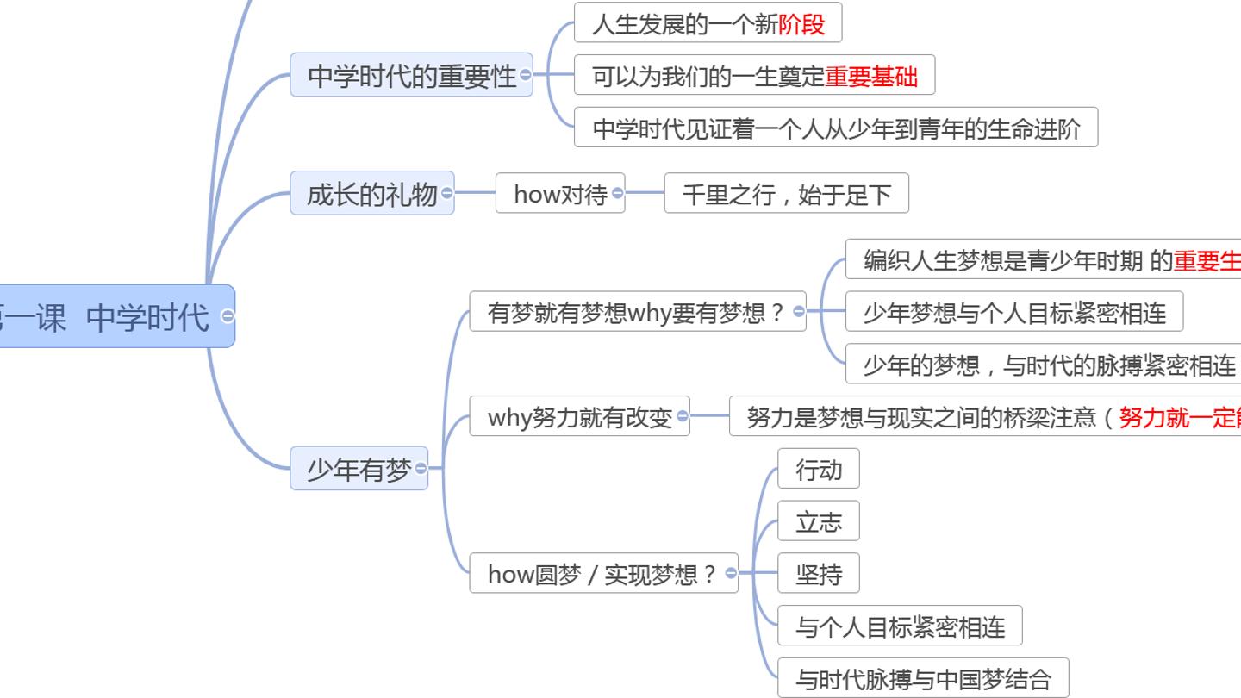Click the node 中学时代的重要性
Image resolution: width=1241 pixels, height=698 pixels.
(411, 75)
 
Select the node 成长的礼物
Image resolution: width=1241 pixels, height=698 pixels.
(372, 193)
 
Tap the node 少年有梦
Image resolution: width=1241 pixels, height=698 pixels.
(359, 468)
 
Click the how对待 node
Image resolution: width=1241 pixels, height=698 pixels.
(560, 193)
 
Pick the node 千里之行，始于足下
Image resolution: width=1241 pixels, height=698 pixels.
(786, 193)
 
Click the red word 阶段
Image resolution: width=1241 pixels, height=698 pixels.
(801, 24)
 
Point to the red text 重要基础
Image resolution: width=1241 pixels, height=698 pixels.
(871, 77)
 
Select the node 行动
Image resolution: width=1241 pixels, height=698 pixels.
(819, 469)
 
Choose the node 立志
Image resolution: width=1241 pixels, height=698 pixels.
(819, 520)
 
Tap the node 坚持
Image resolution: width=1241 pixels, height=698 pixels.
(819, 573)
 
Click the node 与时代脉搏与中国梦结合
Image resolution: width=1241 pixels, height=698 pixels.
(923, 678)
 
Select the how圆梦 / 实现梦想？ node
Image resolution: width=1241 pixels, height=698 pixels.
(603, 573)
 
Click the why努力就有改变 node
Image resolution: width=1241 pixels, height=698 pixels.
(579, 416)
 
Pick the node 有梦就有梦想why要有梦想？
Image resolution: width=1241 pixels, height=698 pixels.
(638, 311)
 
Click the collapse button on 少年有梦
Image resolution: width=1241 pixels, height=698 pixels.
(421, 468)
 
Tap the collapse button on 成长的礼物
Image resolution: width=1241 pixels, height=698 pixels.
(446, 193)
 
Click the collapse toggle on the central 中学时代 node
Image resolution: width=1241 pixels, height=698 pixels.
(228, 315)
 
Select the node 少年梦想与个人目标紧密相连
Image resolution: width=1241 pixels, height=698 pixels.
(1014, 311)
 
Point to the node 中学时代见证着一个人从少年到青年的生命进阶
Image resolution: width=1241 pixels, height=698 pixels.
(836, 128)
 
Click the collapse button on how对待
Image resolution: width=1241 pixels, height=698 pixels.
(617, 193)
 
